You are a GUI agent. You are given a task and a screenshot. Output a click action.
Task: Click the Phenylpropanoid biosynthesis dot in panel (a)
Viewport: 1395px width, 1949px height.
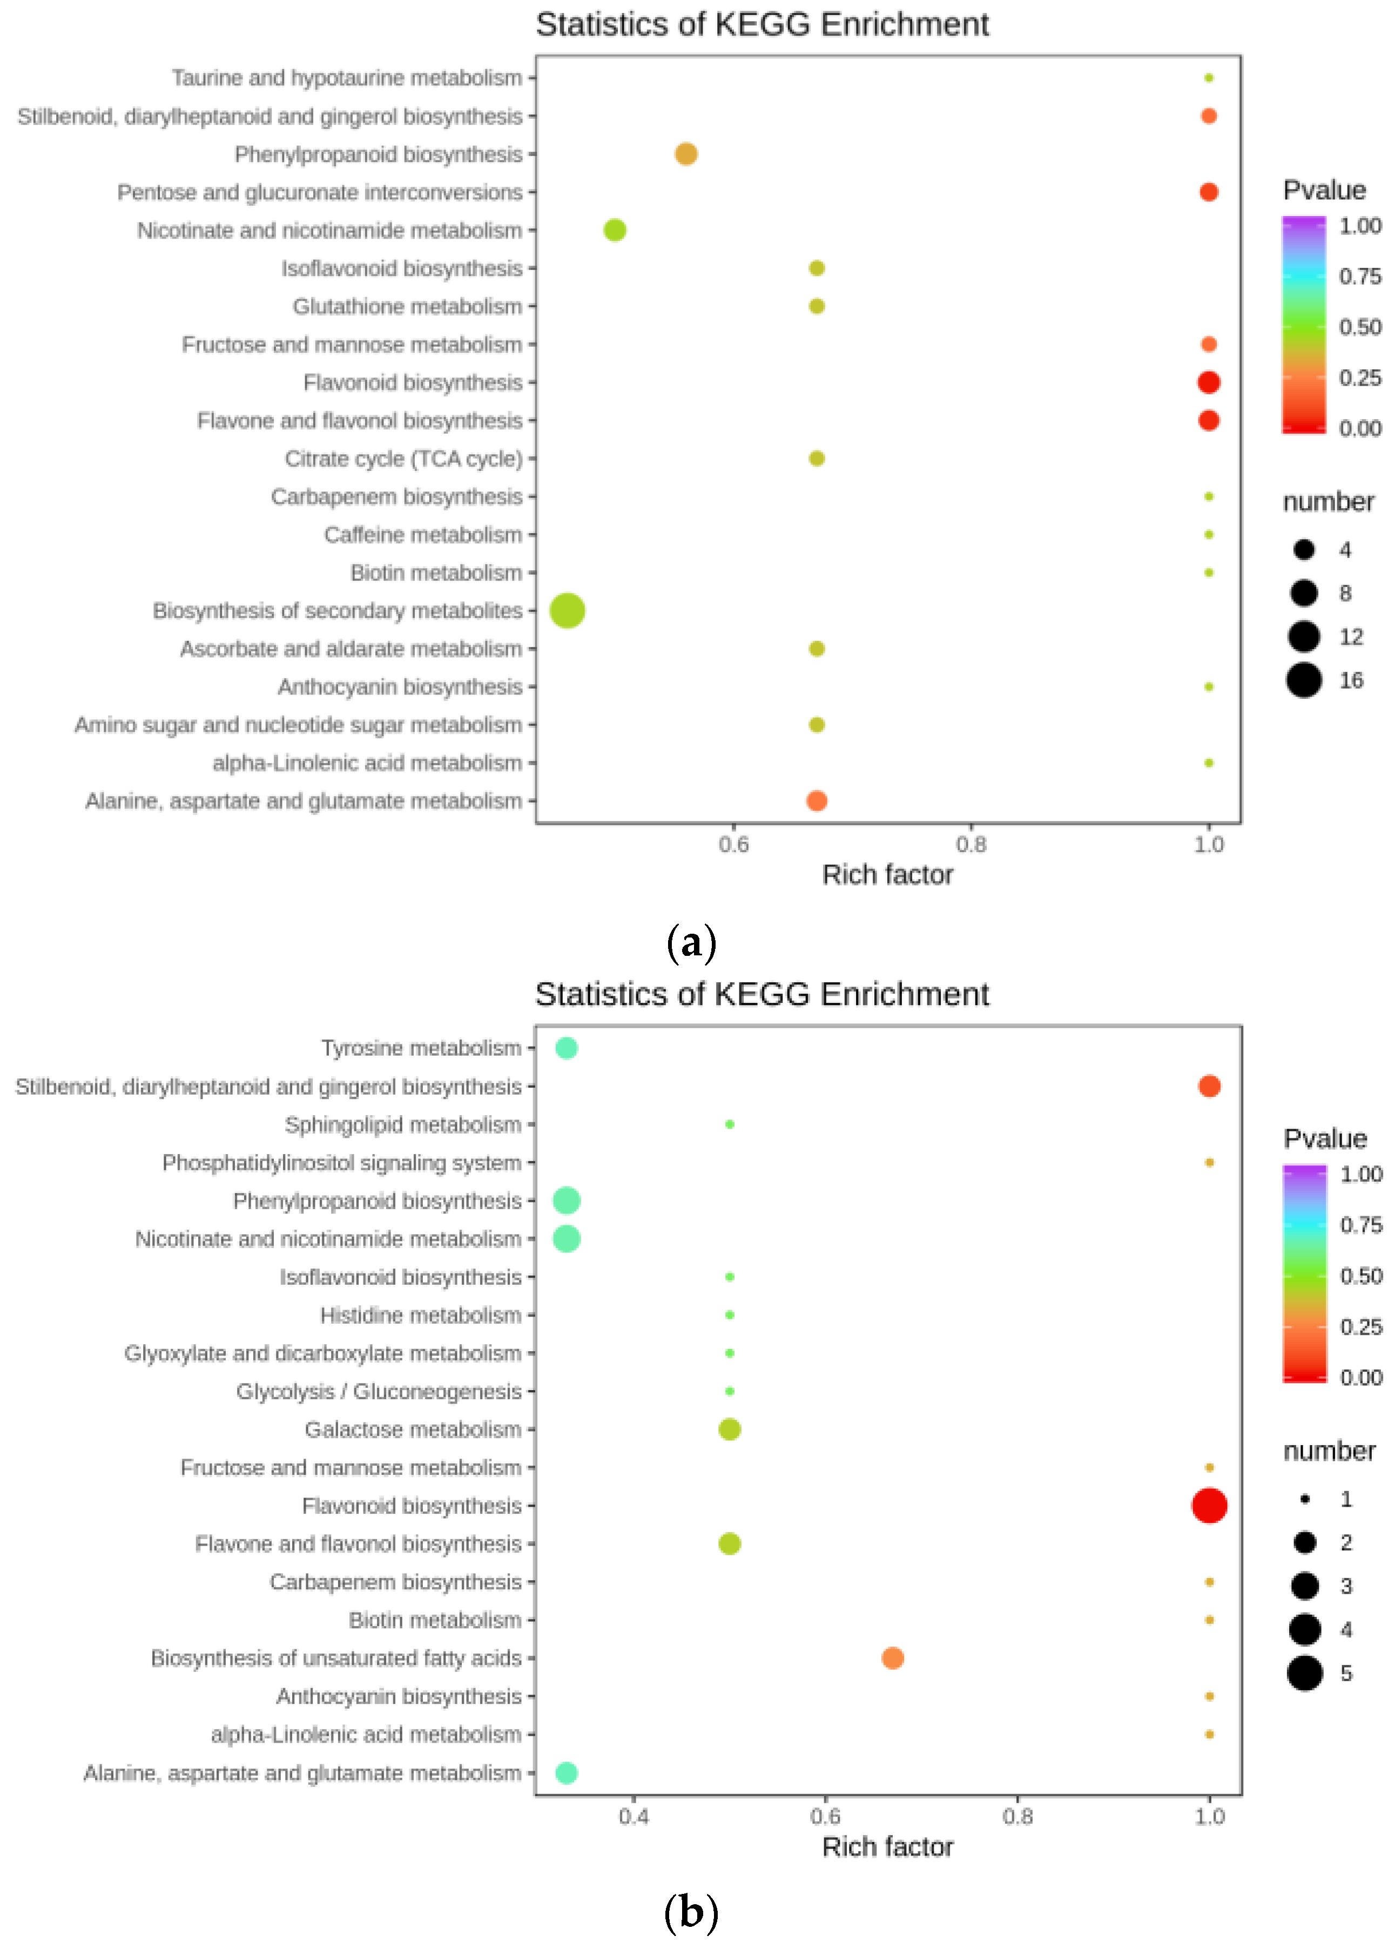(x=685, y=154)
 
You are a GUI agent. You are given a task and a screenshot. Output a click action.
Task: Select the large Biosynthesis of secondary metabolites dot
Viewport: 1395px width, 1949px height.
(x=567, y=611)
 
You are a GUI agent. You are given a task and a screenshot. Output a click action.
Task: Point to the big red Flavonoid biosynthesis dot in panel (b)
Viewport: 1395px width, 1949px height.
(x=1209, y=1505)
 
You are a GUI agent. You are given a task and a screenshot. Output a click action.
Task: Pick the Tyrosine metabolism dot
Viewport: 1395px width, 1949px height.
(x=566, y=1048)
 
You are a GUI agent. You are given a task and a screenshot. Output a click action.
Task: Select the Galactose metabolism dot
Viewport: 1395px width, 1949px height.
(x=729, y=1429)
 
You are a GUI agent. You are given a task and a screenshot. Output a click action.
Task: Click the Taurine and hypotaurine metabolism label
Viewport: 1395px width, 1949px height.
(x=346, y=78)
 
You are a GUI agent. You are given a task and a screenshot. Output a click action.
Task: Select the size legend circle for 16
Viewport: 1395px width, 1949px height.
(x=1303, y=680)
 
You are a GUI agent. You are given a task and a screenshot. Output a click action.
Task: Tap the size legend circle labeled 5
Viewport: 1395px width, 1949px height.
(x=1304, y=1673)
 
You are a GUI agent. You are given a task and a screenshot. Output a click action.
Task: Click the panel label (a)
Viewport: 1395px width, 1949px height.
(x=691, y=943)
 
